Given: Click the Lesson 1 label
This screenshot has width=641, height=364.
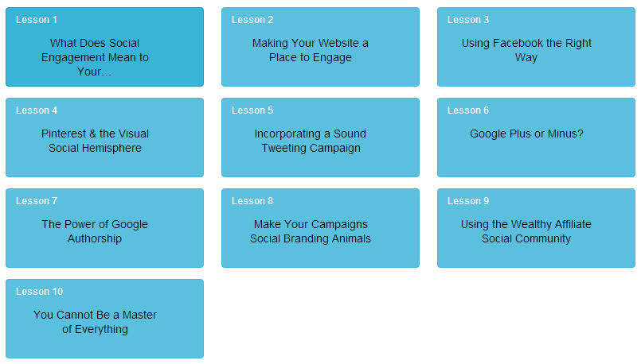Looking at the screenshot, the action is pos(37,20).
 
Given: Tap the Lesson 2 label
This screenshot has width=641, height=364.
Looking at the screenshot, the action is pos(252,20).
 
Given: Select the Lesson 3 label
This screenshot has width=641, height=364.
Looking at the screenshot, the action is pos(468,20).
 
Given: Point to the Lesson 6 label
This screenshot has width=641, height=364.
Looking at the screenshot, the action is pos(468,110).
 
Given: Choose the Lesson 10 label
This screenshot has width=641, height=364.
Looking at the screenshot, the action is pos(39,292).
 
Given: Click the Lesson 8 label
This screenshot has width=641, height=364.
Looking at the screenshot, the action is pos(252,201).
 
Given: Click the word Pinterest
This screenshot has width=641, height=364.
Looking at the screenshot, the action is pos(64,134).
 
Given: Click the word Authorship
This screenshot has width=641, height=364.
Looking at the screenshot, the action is pos(95,238).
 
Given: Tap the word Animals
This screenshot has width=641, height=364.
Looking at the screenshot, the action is pos(351,238).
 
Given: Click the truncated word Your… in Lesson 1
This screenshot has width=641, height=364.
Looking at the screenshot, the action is pos(95,72).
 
